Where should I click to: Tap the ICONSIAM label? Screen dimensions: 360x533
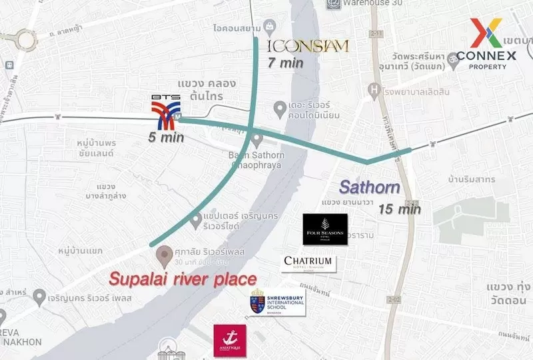point(308,46)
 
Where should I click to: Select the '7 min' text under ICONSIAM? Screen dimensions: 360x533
point(286,63)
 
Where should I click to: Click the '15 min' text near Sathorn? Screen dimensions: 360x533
point(400,209)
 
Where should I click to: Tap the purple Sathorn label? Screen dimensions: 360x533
point(370,188)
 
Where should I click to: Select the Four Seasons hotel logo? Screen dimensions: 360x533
point(325,229)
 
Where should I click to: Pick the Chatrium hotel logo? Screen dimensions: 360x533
point(308,263)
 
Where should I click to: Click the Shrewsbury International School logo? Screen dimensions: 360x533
point(277,304)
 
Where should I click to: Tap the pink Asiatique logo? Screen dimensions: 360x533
point(230,340)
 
